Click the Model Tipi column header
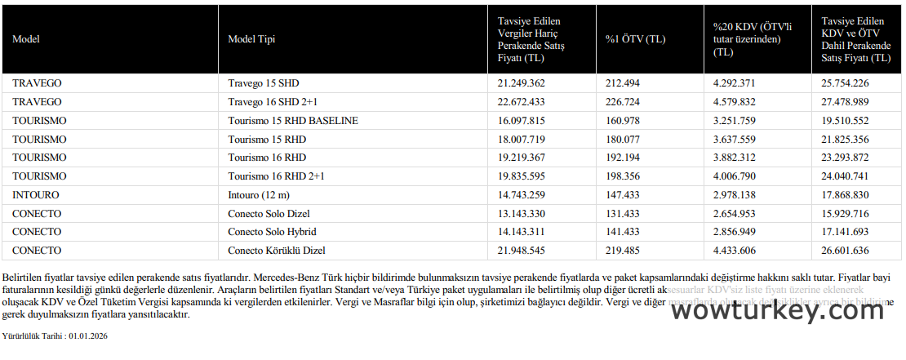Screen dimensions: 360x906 [251, 39]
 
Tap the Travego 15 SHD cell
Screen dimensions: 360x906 [264, 83]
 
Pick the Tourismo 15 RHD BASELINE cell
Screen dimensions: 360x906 [293, 121]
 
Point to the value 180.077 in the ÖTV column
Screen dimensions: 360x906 [623, 139]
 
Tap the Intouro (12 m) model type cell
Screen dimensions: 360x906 [260, 195]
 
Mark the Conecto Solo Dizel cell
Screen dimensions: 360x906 [269, 214]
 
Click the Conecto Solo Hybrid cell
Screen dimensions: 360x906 [272, 232]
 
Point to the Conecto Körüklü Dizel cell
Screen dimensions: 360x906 [282, 251]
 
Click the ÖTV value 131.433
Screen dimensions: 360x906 [623, 214]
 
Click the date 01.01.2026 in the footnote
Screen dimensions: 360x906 [88, 336]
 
